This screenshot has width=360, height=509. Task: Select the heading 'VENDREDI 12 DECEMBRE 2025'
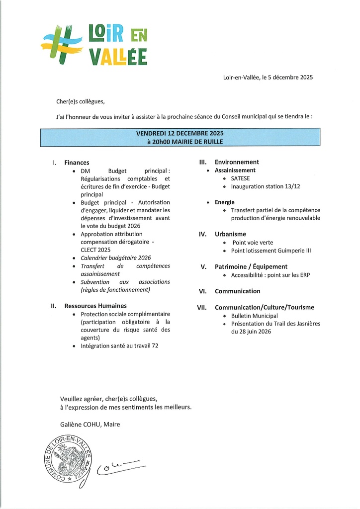180,133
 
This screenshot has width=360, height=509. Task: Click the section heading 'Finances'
77,163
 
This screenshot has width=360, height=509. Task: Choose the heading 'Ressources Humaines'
95,306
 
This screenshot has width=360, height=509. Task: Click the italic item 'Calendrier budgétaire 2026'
115,258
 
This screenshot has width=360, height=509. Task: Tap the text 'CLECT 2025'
95,250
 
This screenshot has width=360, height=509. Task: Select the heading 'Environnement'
237,162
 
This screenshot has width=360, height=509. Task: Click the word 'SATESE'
241,178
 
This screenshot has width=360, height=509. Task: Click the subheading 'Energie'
225,202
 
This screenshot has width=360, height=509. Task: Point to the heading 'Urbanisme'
230,234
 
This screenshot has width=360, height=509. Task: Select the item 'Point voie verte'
253,243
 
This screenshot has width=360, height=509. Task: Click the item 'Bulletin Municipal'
254,316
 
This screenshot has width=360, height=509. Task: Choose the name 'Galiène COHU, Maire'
90,424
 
